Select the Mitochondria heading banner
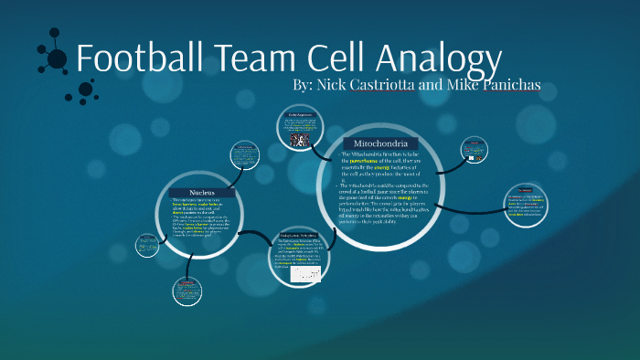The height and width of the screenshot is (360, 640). pos(380,144)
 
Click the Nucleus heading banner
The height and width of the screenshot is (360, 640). pos(203,193)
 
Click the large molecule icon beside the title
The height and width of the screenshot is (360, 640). pos(54,57)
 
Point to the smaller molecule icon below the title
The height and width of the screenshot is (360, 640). pos(87,90)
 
